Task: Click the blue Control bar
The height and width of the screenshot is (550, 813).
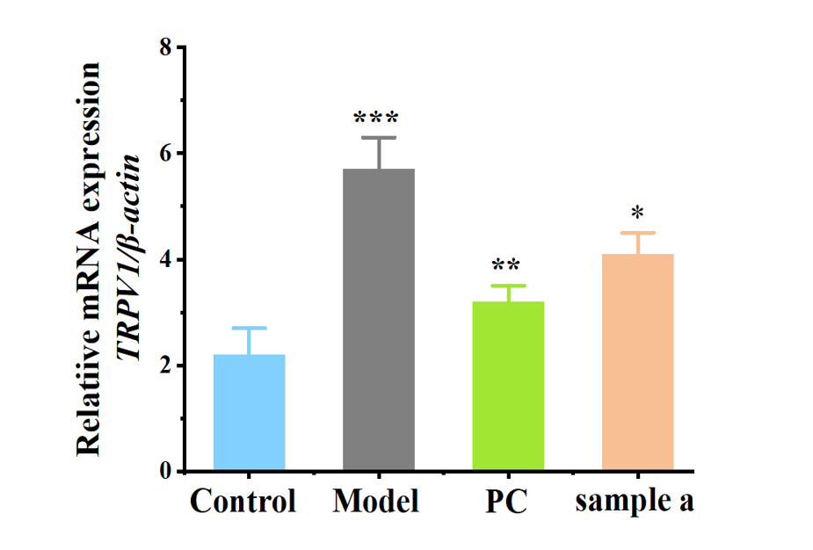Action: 250,412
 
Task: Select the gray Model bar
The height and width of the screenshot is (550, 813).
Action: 378,320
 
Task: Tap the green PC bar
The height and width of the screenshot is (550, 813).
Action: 508,386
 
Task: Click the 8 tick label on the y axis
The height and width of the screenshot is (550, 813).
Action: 164,47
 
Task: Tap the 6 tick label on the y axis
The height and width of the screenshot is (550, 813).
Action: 164,153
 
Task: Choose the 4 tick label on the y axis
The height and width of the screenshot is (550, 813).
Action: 164,260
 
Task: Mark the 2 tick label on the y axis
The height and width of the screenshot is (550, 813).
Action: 164,366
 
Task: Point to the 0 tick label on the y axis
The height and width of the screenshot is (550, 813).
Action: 164,473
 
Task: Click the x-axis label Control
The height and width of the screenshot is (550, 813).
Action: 243,503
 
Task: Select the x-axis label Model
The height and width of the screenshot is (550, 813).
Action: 376,503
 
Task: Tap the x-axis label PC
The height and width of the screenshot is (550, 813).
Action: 506,503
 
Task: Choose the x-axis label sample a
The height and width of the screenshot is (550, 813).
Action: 635,503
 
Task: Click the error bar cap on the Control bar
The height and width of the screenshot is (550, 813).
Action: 250,328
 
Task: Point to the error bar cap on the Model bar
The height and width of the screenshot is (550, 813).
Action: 378,138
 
